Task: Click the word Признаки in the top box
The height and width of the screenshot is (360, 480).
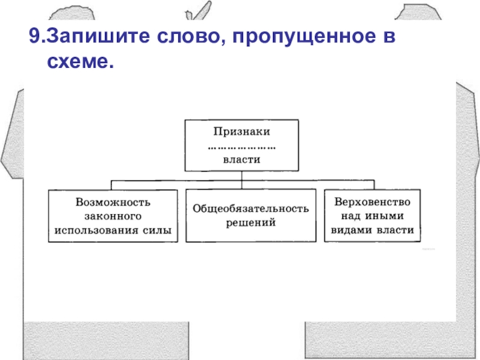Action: click(241, 130)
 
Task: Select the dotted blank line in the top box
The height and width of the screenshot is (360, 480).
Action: click(241, 146)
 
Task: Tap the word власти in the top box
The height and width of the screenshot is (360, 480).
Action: click(241, 159)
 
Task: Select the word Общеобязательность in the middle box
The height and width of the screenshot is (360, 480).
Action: click(251, 208)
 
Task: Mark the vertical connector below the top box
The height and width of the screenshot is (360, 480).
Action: click(241, 175)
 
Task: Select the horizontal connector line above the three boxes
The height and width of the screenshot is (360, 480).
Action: click(180, 180)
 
